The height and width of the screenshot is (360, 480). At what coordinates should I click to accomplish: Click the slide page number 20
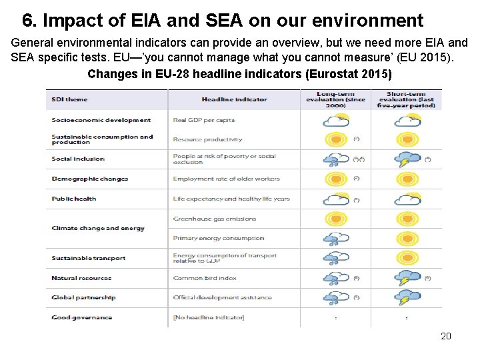coord(446,336)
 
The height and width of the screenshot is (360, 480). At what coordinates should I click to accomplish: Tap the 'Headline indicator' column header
coord(234,100)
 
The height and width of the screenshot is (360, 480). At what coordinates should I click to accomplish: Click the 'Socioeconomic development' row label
coord(101,121)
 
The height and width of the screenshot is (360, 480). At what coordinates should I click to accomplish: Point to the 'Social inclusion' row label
coord(78,159)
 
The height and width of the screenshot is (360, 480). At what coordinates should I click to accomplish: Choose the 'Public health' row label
coord(74,199)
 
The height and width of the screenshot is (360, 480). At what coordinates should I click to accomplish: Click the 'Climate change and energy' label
coord(98,228)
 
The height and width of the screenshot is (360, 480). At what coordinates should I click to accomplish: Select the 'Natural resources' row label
coord(81,278)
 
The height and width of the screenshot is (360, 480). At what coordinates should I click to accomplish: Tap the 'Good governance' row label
coord(81,317)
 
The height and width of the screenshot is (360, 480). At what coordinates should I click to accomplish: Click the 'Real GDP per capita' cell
coord(204,121)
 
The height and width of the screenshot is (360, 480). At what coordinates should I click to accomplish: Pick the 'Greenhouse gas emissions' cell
coord(214,219)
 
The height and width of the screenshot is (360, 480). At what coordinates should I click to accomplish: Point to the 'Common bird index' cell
coord(205,278)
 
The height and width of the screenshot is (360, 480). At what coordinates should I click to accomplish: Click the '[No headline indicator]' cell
coord(208,317)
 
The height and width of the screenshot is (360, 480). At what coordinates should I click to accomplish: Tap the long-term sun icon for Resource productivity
coord(335,140)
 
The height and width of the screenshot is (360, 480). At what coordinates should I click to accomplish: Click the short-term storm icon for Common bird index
coord(407,278)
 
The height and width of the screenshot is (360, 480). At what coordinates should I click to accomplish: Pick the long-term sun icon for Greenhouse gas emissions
coord(335,219)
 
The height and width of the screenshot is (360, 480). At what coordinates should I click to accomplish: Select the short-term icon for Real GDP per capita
coord(407,121)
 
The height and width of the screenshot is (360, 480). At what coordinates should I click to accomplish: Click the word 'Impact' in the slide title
coord(71,21)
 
